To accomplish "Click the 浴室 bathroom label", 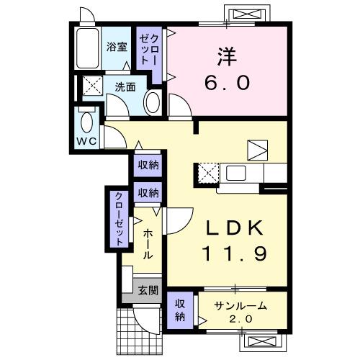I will pyautogui.click(x=117, y=48).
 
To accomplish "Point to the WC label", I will pyautogui.click(x=87, y=140).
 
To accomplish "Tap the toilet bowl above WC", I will pyautogui.click(x=87, y=120).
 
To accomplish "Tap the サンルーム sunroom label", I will pyautogui.click(x=240, y=305).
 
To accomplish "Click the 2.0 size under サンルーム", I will pyautogui.click(x=240, y=318).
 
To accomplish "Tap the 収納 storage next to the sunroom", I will pyautogui.click(x=180, y=310).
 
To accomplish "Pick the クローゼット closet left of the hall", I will pyautogui.click(x=117, y=218).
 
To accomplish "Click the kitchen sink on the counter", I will pyautogui.click(x=235, y=173).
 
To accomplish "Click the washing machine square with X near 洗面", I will pyautogui.click(x=91, y=86).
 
